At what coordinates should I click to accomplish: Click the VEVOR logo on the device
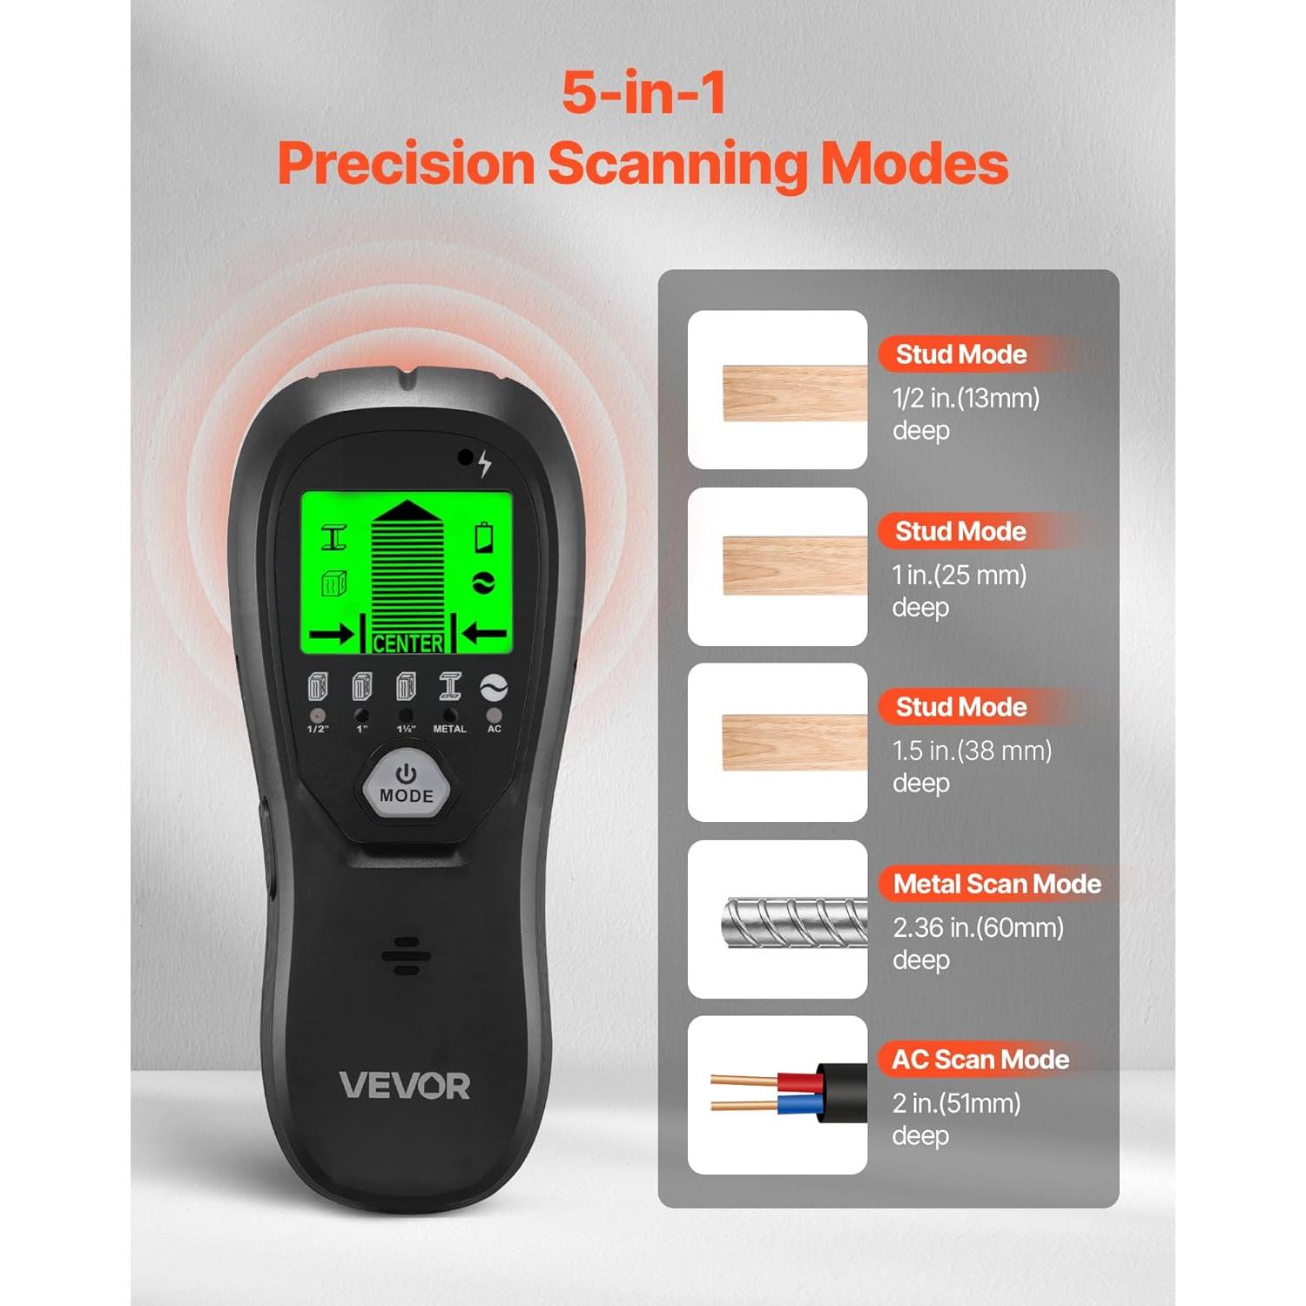[404, 1086]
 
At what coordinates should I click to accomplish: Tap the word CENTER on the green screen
[407, 643]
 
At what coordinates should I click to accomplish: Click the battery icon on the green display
[484, 537]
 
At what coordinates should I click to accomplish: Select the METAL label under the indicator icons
[449, 729]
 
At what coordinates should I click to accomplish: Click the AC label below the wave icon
[495, 729]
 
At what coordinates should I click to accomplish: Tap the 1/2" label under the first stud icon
[318, 729]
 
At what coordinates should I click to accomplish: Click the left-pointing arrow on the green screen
[485, 634]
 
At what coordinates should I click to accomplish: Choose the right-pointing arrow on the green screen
[331, 635]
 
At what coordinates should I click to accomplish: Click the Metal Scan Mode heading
[997, 884]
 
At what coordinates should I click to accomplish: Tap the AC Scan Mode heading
[980, 1060]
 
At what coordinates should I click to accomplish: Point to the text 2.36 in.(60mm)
[978, 928]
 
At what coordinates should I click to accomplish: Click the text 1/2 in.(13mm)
[966, 399]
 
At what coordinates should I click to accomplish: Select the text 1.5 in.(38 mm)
[972, 751]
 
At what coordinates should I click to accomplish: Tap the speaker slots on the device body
[406, 956]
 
